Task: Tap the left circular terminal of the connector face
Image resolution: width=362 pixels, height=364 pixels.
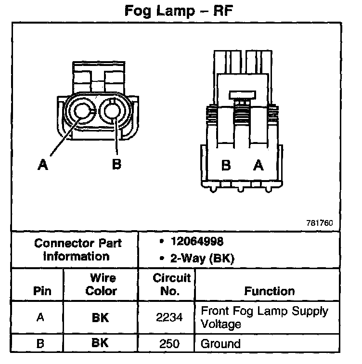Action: click(x=83, y=112)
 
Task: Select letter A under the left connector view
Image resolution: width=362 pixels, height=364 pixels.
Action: click(x=43, y=165)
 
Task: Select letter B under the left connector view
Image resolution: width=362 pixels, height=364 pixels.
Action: click(x=116, y=165)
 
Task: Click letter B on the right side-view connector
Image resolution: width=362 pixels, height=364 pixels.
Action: click(x=226, y=166)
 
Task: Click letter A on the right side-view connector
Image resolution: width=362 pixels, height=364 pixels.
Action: click(x=259, y=166)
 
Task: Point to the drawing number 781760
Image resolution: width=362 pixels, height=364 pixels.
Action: click(x=319, y=223)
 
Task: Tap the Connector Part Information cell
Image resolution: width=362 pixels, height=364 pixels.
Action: click(x=77, y=249)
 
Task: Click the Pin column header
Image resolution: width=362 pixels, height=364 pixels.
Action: click(x=42, y=291)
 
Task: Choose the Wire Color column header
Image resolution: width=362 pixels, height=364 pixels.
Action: click(x=102, y=285)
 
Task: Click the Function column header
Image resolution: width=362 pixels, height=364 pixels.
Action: click(x=270, y=291)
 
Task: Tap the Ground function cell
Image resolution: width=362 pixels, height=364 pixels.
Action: click(x=220, y=344)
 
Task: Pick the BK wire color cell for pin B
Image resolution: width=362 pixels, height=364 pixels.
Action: click(x=101, y=344)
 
